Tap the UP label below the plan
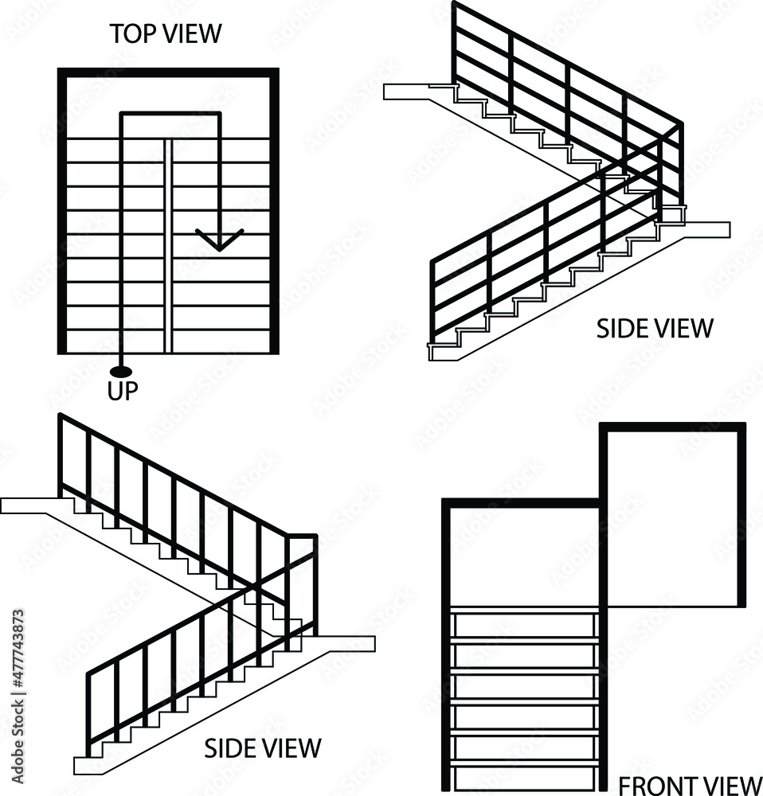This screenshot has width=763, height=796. pos(123,390)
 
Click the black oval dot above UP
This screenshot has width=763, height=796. pos(121,371)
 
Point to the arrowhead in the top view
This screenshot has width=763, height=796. pos(219,240)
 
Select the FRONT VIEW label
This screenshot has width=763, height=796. pos(690,785)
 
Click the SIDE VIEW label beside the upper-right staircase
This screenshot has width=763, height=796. pos(655,328)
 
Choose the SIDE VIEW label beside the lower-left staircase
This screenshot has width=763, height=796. pos(263,748)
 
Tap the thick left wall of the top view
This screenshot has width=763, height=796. pos(61,211)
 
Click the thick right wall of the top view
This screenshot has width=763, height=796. pos(276,211)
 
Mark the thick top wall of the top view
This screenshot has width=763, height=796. pos(168,72)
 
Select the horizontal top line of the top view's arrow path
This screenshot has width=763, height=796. pos(170,115)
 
